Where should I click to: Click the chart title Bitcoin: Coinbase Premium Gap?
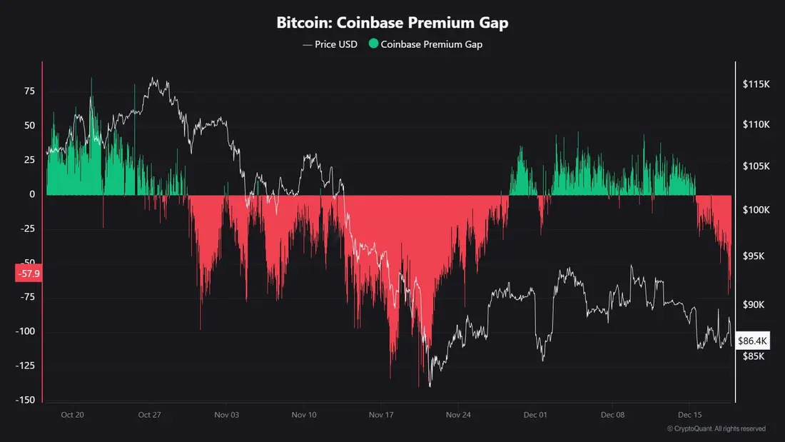[392, 23]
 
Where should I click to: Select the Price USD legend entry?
[330, 44]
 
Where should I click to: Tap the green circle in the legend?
[373, 44]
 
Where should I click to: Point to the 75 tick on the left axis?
[29, 91]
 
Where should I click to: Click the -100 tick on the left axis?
[26, 331]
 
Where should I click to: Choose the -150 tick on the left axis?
[26, 400]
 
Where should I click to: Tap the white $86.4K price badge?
[751, 341]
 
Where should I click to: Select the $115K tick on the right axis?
[756, 84]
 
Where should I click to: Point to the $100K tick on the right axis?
[756, 210]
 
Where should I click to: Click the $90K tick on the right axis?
[754, 305]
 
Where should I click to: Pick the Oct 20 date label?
[72, 414]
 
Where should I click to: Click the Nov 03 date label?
[226, 414]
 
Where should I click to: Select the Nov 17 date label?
[380, 414]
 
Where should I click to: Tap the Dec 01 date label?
[535, 414]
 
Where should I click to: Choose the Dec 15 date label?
[689, 414]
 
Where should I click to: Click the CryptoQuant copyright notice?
[716, 428]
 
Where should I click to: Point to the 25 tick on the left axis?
[29, 160]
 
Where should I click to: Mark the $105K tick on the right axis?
[756, 166]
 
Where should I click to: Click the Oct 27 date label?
[149, 414]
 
